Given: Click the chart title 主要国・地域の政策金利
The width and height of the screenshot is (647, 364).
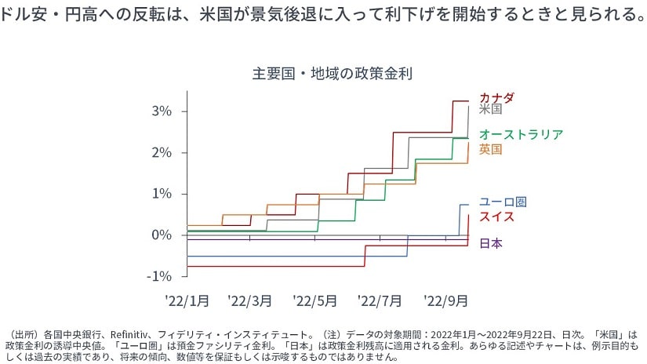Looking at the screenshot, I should coord(333,75).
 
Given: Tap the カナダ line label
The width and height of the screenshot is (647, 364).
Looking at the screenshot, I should coord(496,97).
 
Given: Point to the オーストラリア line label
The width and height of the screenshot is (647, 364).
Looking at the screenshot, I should coord(521,134).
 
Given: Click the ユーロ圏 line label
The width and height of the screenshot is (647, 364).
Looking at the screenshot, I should coord(503,202).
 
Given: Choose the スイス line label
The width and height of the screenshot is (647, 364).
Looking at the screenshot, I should coord(496,216).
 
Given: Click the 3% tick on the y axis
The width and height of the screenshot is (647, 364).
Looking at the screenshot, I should coord(161,111).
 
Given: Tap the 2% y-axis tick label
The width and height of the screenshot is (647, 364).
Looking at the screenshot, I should coord(161,152).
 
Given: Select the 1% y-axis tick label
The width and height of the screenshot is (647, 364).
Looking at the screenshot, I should coord(161,194).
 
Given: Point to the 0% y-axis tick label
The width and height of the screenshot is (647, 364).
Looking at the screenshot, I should coord(161,235).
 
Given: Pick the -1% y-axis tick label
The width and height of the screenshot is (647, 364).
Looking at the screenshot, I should coord(158,276).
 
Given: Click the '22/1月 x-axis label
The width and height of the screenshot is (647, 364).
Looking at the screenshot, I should coord(187,300).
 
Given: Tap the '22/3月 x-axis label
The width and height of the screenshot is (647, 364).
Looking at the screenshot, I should coord(250,300).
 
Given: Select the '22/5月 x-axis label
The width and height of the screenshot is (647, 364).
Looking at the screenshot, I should coord(314,300).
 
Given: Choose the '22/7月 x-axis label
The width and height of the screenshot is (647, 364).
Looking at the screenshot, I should coord(380,300).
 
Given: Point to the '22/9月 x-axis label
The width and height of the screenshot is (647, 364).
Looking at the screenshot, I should coord(445,300).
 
